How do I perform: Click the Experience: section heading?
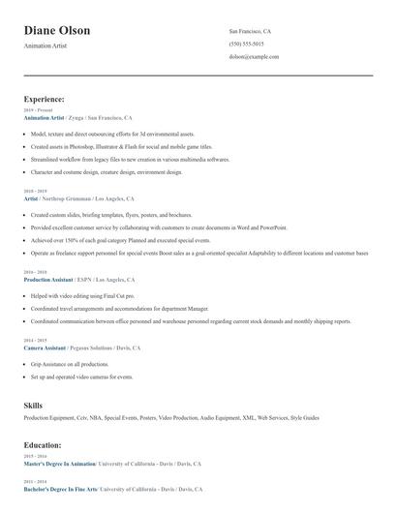coord(44,99)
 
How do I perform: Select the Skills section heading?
coord(33,405)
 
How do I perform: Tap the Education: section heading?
coord(43,444)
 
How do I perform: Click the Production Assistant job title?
coord(48,279)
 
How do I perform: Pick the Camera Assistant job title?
coord(46,347)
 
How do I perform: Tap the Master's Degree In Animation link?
coord(60,463)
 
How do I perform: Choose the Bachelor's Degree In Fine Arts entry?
coord(60,489)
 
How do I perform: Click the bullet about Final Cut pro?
coord(82,295)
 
